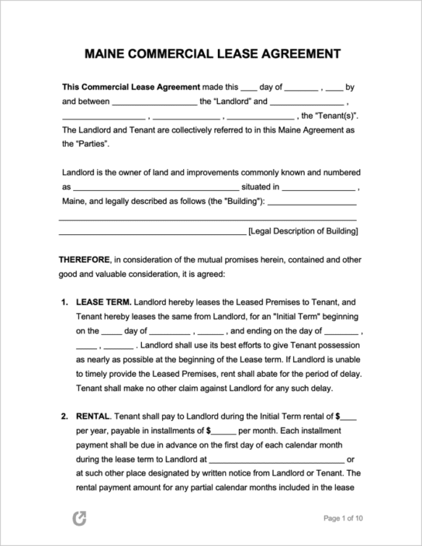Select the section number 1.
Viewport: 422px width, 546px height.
point(64,302)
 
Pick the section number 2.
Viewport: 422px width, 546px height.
point(64,417)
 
